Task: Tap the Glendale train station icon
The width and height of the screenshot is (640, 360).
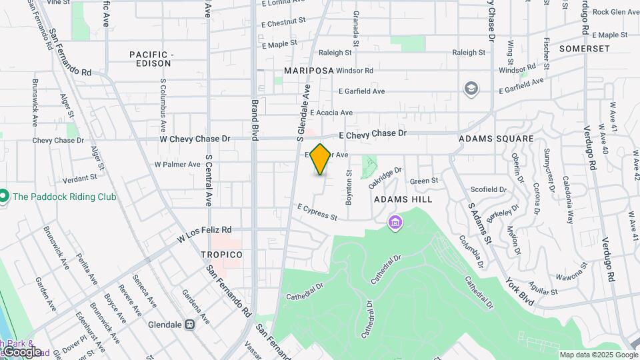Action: [189, 325]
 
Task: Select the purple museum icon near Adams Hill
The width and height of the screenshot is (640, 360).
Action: [395, 221]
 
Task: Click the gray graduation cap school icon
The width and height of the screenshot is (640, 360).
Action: [471, 89]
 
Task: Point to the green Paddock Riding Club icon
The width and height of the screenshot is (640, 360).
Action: [4, 197]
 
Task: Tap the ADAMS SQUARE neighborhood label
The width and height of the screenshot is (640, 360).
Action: [497, 139]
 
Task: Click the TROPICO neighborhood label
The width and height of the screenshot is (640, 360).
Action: [222, 255]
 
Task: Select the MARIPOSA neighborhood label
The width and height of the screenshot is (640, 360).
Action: [308, 70]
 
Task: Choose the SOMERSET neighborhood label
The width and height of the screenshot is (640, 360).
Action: [585, 49]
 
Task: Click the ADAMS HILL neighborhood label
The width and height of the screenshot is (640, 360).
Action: [403, 199]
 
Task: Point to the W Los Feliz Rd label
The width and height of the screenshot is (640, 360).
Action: [204, 233]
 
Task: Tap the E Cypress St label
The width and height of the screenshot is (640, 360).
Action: [317, 212]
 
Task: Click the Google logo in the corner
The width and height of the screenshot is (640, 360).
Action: [21, 351]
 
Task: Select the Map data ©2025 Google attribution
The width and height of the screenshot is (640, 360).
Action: [597, 355]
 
